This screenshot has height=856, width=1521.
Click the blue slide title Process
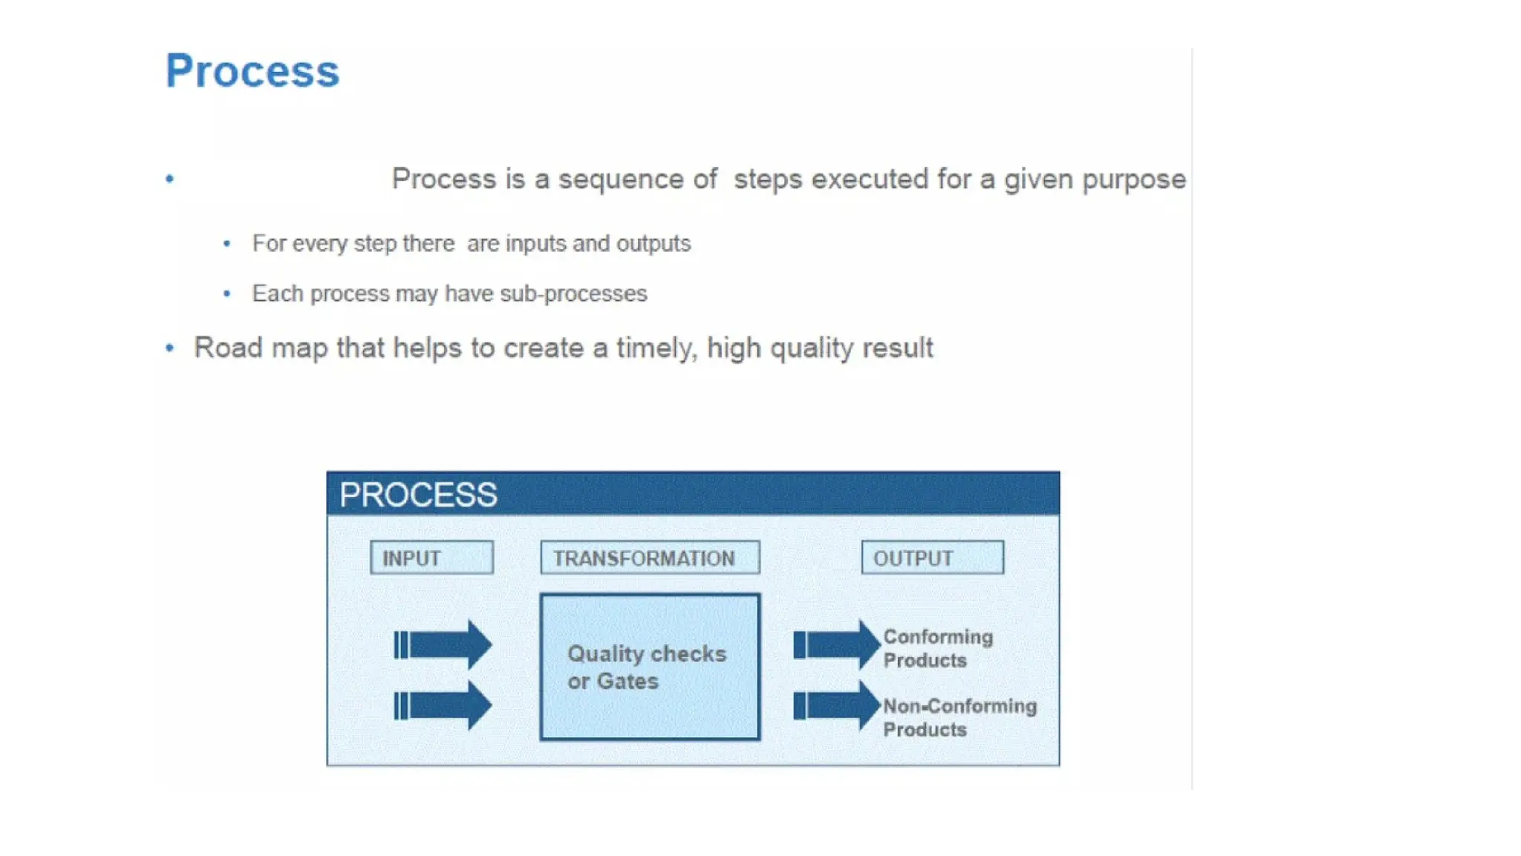point(252,71)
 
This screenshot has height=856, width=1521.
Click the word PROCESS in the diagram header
point(418,495)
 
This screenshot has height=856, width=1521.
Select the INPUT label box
point(431,557)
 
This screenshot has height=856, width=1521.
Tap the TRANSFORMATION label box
point(650,557)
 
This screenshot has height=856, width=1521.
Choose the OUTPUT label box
point(932,557)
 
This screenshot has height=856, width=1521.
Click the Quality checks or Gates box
point(650,667)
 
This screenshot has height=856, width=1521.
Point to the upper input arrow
point(443,644)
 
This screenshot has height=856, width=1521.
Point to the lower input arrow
point(443,705)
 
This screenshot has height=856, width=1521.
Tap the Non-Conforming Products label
point(959,717)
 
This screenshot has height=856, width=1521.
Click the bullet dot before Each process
point(227,294)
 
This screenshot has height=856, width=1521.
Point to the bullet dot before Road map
point(170,348)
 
